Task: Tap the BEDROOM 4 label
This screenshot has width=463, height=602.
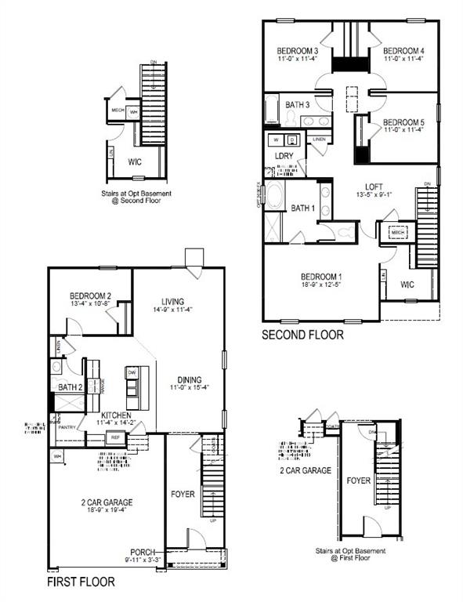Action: click(x=404, y=49)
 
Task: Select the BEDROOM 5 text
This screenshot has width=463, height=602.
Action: click(x=404, y=122)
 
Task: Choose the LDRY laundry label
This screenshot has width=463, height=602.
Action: click(x=284, y=156)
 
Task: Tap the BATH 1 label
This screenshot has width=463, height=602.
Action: click(x=302, y=208)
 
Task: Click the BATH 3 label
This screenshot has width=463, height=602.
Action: click(x=298, y=104)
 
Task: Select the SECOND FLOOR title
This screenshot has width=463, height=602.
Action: click(x=302, y=335)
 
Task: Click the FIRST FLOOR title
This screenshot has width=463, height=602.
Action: click(x=81, y=582)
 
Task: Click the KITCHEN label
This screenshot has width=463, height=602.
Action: click(x=115, y=415)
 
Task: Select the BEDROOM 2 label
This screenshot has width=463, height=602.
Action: click(x=91, y=296)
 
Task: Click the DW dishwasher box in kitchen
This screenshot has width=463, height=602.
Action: click(x=132, y=372)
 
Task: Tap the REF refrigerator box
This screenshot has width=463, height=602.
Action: click(x=115, y=437)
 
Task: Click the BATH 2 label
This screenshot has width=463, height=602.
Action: click(x=71, y=387)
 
